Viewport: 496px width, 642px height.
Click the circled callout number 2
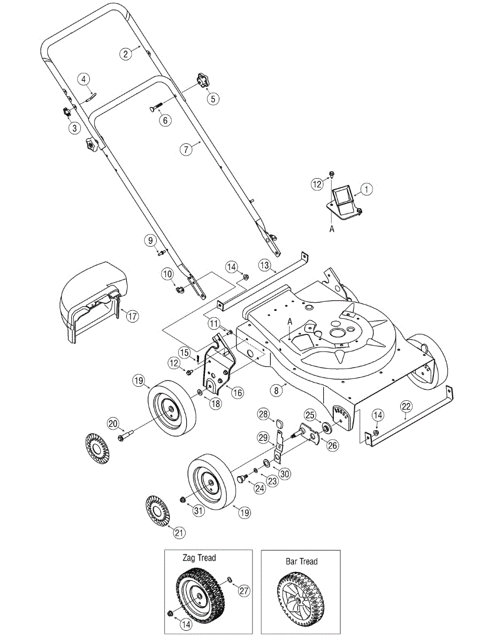pos(126,54)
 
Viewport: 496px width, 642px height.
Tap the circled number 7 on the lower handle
pos(186,149)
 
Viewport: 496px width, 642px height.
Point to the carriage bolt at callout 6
pos(156,107)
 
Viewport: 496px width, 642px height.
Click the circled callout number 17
pos(132,316)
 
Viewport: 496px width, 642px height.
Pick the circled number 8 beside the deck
pos(276,391)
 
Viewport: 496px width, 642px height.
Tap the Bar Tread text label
pos(302,561)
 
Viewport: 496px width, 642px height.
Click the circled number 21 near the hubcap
pos(179,533)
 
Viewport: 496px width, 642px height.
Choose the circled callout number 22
pos(406,407)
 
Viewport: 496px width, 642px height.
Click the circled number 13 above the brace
pos(264,265)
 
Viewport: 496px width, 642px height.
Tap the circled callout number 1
pos(367,189)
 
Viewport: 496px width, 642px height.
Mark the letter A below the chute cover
pos(332,229)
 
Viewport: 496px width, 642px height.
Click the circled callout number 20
pos(113,424)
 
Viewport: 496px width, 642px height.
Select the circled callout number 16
pos(238,393)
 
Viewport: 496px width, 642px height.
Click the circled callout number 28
pos(263,414)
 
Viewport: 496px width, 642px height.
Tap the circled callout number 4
pos(84,79)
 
